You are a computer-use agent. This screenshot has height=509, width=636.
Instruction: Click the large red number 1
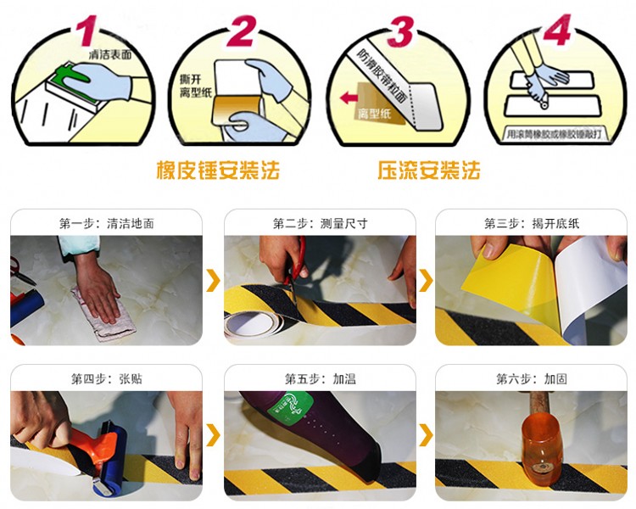[86, 28]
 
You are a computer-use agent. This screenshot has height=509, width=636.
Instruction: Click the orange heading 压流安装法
[429, 171]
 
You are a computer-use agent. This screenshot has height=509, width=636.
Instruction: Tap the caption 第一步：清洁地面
[106, 224]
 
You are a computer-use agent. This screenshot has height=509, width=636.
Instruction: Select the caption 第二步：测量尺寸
[320, 224]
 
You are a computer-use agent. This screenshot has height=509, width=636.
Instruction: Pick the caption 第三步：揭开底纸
[532, 224]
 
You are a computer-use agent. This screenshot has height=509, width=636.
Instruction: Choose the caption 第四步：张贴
[106, 378]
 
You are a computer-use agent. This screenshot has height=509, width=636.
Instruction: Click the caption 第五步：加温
[320, 378]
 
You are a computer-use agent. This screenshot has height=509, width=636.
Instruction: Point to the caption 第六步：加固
[532, 378]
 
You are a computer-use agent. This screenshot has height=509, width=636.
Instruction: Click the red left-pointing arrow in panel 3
[349, 99]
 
